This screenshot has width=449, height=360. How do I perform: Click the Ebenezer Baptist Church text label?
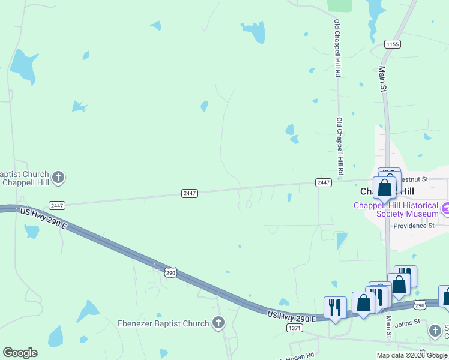click(164, 323)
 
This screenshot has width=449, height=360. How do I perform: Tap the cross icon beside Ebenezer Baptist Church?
click(218, 323)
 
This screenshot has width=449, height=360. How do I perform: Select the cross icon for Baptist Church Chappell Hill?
click(58, 177)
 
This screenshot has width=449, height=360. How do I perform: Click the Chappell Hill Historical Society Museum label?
click(396, 209)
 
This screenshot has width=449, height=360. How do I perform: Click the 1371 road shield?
click(295, 328)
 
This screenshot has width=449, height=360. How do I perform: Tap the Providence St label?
click(414, 226)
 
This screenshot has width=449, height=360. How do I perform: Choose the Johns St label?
click(408, 323)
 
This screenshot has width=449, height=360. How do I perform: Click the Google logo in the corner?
click(20, 353)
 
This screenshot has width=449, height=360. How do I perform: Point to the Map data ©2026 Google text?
click(412, 355)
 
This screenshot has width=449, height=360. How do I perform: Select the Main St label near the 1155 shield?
click(382, 79)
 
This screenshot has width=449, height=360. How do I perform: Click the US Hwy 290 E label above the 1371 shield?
click(291, 315)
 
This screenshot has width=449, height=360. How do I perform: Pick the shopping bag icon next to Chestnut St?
click(385, 187)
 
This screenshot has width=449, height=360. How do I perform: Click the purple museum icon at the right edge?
click(445, 209)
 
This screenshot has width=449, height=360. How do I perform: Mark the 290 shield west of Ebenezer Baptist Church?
click(171, 273)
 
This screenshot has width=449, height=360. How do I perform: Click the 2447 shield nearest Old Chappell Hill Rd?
click(323, 182)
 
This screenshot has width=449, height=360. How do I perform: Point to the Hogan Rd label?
click(304, 355)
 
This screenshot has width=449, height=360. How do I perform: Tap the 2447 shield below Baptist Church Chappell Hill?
click(57, 205)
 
